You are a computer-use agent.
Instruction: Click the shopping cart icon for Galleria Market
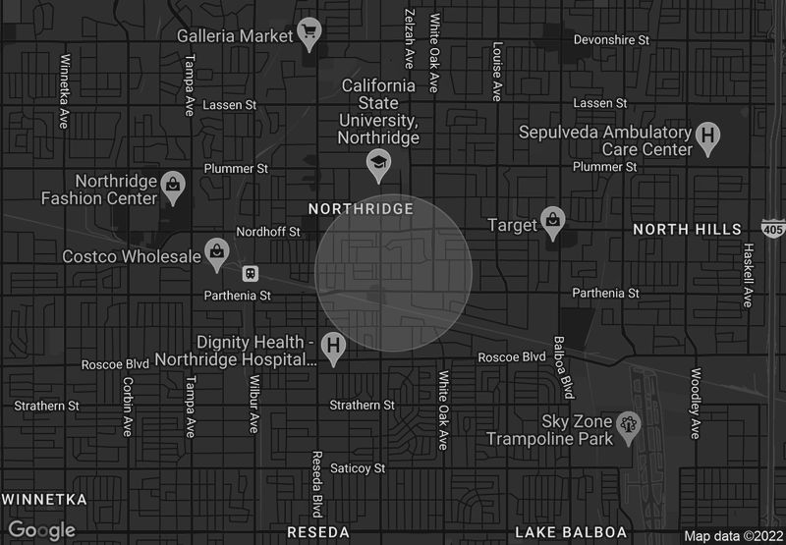click(309, 32)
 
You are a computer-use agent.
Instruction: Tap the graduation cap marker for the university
click(377, 165)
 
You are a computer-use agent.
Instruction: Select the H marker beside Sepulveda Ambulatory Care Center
click(707, 138)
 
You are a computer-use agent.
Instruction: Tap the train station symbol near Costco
click(251, 272)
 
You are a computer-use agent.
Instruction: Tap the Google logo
click(42, 530)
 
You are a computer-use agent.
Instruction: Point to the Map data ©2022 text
click(733, 536)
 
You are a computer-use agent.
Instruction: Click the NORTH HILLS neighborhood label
click(687, 229)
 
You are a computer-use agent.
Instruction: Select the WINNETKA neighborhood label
click(44, 499)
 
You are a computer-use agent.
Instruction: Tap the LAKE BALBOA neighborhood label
click(571, 531)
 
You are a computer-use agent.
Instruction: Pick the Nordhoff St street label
click(268, 233)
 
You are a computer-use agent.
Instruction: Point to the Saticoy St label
click(358, 468)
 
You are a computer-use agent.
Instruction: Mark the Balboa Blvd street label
click(564, 367)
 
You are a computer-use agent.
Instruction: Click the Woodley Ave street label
click(696, 403)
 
